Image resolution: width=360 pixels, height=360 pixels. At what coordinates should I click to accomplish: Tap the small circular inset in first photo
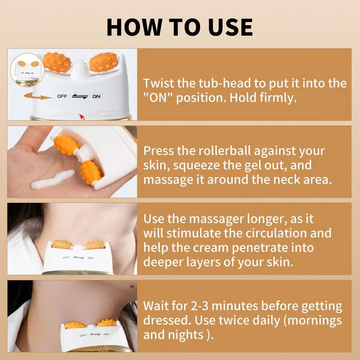[23, 68]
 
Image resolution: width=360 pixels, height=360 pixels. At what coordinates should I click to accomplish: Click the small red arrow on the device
[82, 117]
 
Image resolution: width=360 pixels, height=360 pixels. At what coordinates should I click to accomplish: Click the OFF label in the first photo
[62, 96]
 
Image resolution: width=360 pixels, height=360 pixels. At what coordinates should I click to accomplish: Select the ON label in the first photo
[96, 96]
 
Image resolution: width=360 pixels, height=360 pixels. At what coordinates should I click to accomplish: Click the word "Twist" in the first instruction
[158, 83]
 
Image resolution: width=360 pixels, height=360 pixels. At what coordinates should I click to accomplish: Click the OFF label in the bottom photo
[83, 335]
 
